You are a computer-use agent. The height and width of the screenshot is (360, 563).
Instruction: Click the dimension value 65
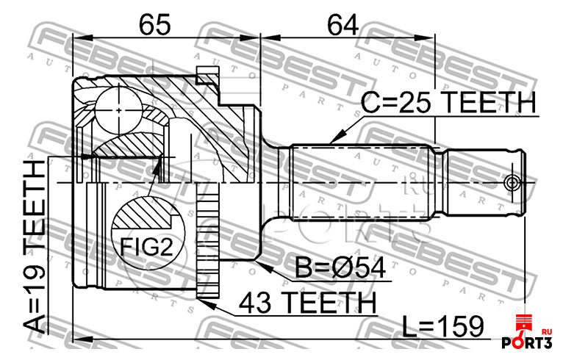(x=155, y=25)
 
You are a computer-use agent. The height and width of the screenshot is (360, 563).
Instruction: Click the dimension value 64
(x=343, y=25)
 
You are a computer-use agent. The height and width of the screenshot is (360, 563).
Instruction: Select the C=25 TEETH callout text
(x=448, y=102)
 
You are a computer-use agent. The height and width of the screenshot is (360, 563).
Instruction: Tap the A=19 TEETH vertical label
(x=35, y=247)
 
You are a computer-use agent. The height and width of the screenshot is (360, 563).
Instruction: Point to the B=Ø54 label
(x=340, y=267)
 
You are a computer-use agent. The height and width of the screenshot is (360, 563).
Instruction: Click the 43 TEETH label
(x=308, y=303)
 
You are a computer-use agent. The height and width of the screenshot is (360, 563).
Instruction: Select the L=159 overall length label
(x=443, y=326)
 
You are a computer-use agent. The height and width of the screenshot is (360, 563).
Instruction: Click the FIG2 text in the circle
(x=146, y=247)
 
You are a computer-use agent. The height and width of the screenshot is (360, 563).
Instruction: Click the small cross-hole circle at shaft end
(x=512, y=183)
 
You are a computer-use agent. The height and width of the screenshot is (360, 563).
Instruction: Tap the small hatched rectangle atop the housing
(x=208, y=75)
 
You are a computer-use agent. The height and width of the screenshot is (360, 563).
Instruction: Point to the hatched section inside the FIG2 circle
(x=142, y=215)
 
